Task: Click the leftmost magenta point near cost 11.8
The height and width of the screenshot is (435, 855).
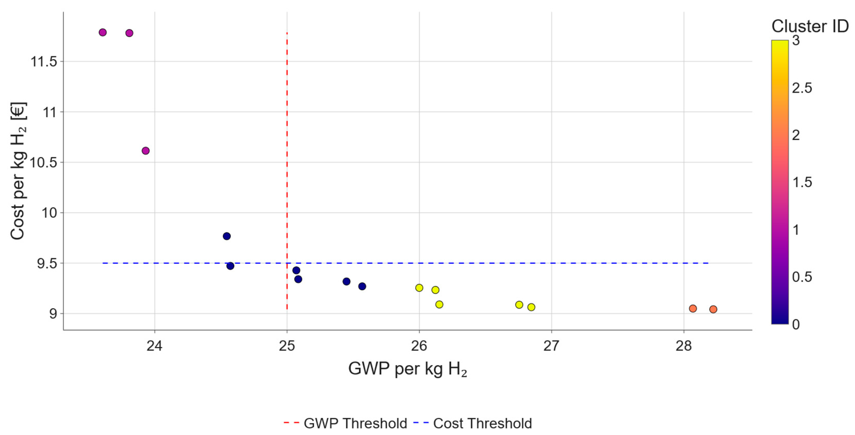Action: click(x=103, y=32)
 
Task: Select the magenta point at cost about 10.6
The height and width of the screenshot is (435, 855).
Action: click(x=145, y=151)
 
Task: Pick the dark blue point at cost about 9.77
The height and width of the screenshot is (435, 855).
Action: click(x=227, y=236)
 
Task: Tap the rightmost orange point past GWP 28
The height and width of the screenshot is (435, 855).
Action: click(x=713, y=309)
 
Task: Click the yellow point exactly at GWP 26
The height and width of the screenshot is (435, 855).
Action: click(x=419, y=288)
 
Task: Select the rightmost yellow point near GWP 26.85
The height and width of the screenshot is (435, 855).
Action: click(x=531, y=307)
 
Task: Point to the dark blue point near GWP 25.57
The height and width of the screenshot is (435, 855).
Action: click(x=362, y=286)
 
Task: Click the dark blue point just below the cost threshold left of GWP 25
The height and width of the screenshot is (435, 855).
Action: click(x=230, y=266)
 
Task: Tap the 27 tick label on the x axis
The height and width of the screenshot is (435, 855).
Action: click(x=551, y=346)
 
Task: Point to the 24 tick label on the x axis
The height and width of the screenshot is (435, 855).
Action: click(x=154, y=346)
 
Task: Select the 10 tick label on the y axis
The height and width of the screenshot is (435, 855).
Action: click(x=49, y=213)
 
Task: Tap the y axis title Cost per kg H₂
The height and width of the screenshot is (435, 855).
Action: click(x=18, y=171)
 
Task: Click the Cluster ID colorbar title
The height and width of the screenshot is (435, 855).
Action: click(x=810, y=26)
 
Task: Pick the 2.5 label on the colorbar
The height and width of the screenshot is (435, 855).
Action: click(x=802, y=88)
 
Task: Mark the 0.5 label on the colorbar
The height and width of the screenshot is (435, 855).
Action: click(x=802, y=277)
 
